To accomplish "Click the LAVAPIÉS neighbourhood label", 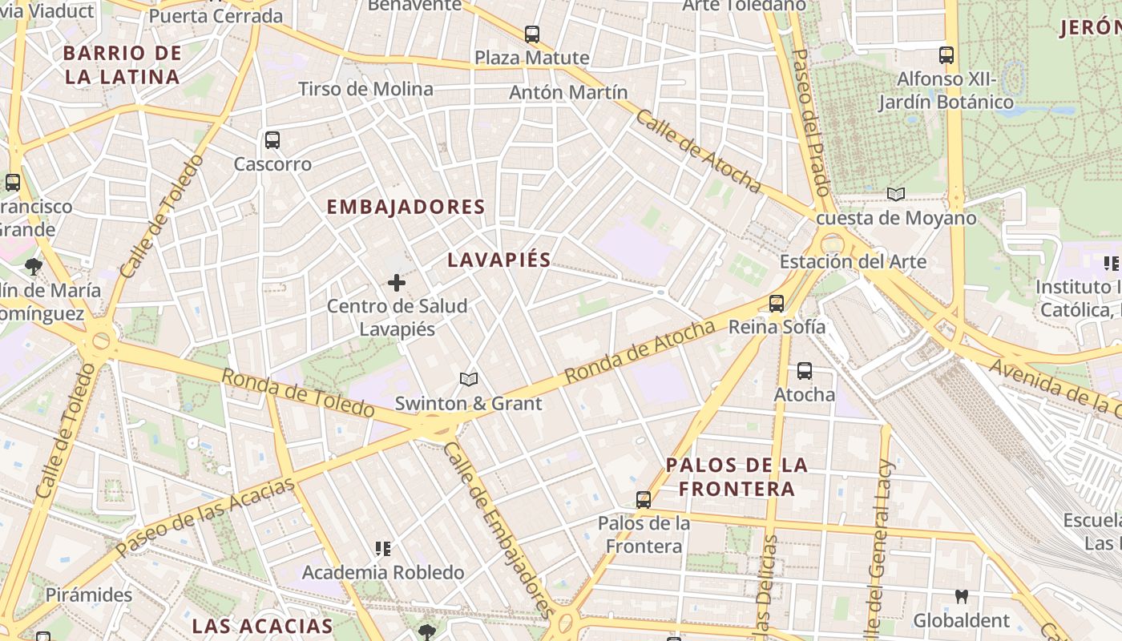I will [x=499, y=260].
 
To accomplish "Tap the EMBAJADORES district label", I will [x=406, y=207].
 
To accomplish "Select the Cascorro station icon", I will [x=272, y=140].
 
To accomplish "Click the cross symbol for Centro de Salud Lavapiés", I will [x=397, y=283].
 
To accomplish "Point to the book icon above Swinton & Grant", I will [x=469, y=379].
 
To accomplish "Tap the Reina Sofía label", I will [x=777, y=327].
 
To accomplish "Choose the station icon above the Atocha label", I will [x=805, y=371].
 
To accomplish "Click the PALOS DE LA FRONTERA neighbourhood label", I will [x=737, y=477].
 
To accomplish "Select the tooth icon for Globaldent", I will [x=961, y=597].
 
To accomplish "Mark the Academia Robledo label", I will [x=383, y=573].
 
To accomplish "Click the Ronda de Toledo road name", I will [x=297, y=393].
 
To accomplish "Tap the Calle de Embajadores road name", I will [x=498, y=529].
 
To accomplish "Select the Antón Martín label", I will [x=568, y=93].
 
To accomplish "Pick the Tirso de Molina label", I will [x=365, y=89].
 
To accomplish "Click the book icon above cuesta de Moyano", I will [x=896, y=195].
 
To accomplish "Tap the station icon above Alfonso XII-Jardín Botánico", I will [x=946, y=55].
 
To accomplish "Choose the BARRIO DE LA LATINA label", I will [x=122, y=66].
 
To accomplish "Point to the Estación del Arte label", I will [x=853, y=262].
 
